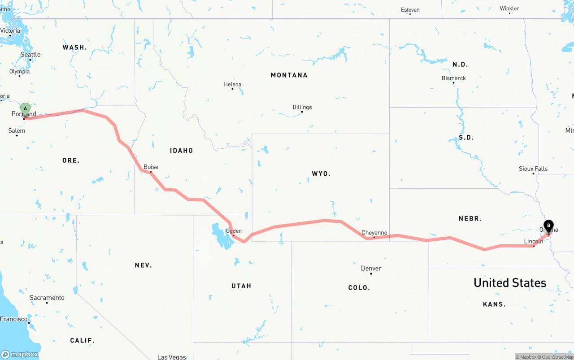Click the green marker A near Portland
click(x=26, y=108)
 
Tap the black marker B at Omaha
click(x=548, y=226)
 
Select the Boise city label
click(x=151, y=167)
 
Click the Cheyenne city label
click(x=374, y=233)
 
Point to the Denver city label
click(x=371, y=268)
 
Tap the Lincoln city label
click(x=533, y=241)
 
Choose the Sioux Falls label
click(x=533, y=169)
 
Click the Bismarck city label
click(x=453, y=78)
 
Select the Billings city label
click(x=302, y=107)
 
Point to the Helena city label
click(x=232, y=84)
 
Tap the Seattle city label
click(x=30, y=55)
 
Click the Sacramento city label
click(x=47, y=298)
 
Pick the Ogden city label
click(x=234, y=231)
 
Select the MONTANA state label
click(x=289, y=75)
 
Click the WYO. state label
click(x=321, y=173)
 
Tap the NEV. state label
click(x=143, y=265)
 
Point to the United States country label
click(x=510, y=283)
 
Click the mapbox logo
click(x=20, y=354)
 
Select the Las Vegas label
click(x=172, y=357)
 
